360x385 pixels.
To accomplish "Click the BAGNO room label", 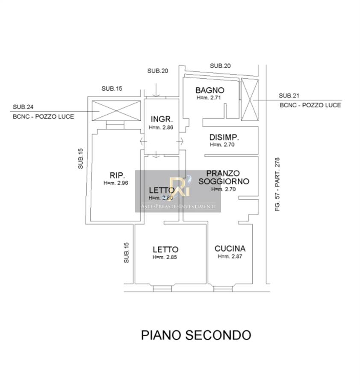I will (x=210, y=90).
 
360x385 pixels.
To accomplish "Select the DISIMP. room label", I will (x=224, y=137).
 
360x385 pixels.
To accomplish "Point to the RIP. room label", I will (x=117, y=175).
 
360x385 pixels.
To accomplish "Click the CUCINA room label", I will (x=230, y=249).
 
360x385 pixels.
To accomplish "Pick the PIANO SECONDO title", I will (x=196, y=335).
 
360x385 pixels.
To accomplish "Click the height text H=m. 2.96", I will (x=116, y=183).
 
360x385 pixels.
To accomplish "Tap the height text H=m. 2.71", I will (x=209, y=98).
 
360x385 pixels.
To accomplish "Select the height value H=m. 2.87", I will (x=230, y=257).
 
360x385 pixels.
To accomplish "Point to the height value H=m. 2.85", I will (x=165, y=258).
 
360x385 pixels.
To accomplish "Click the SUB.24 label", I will (x=24, y=107).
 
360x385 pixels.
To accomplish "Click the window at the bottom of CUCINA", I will (x=223, y=288).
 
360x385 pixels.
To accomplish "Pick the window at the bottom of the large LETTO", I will (x=162, y=288).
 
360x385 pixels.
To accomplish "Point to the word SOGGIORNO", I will (x=224, y=181).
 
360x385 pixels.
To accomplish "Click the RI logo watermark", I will (x=179, y=187).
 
